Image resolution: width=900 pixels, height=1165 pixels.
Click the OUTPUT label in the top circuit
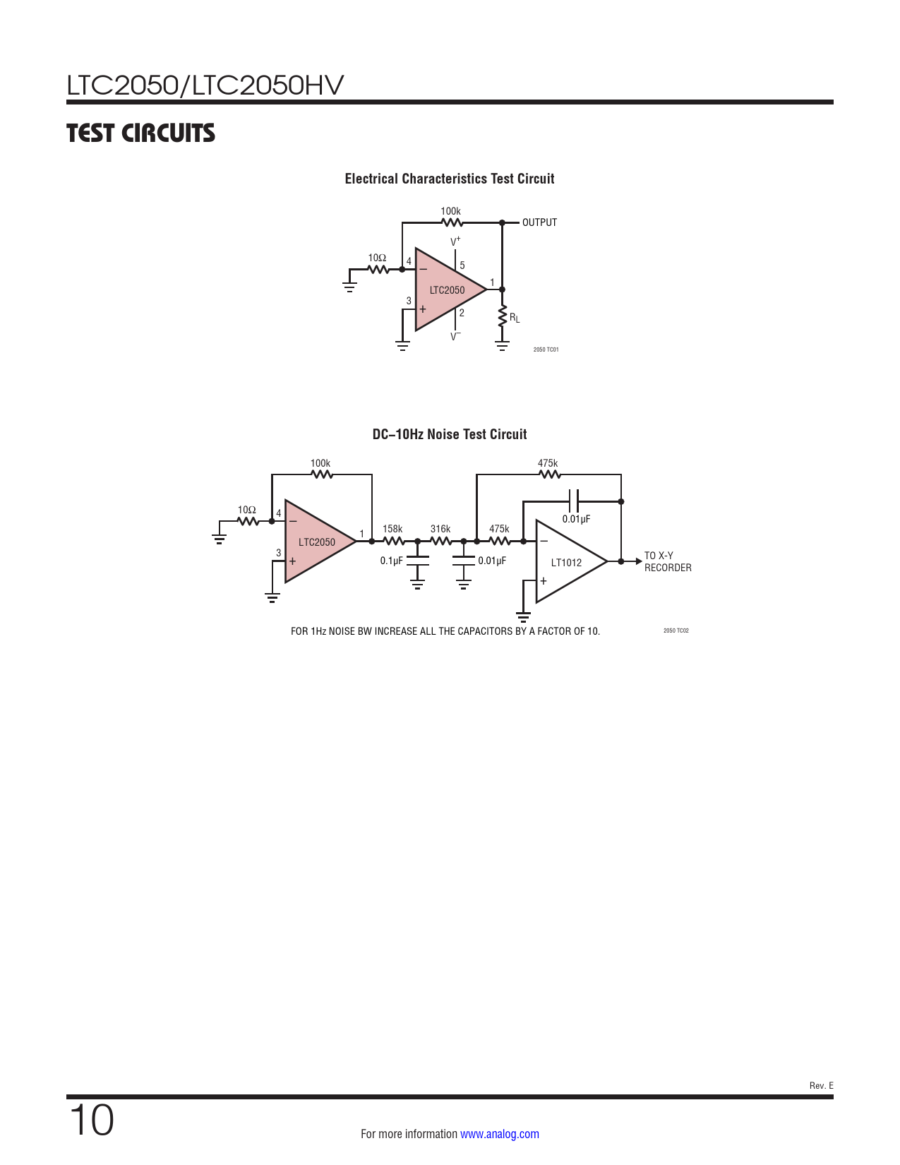[539, 222]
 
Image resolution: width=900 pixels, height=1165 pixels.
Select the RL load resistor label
[515, 318]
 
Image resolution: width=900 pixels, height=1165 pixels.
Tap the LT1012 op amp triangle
[571, 561]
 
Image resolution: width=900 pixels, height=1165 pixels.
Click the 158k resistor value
[392, 529]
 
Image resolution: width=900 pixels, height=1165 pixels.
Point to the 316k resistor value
[440, 529]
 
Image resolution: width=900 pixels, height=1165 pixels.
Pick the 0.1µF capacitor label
[391, 561]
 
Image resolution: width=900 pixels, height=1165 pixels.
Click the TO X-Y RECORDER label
[668, 561]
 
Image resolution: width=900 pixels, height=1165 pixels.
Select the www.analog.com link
[500, 1133]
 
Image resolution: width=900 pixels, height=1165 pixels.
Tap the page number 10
[91, 1120]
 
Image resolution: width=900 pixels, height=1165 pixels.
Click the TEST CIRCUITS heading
[140, 133]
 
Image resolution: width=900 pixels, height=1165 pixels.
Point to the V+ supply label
[455, 241]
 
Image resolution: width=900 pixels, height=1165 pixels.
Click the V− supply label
[455, 337]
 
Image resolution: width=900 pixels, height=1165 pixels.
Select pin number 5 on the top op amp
[462, 265]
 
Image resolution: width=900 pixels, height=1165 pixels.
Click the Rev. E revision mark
[821, 1086]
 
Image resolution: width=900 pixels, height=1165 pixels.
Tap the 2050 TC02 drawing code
[676, 631]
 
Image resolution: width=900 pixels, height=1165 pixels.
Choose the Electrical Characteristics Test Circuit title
[449, 179]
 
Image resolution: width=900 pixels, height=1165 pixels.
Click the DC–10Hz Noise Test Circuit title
[449, 434]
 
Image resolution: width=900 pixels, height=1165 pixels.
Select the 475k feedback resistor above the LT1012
[548, 474]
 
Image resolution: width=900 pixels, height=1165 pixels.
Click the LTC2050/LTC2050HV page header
[205, 85]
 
